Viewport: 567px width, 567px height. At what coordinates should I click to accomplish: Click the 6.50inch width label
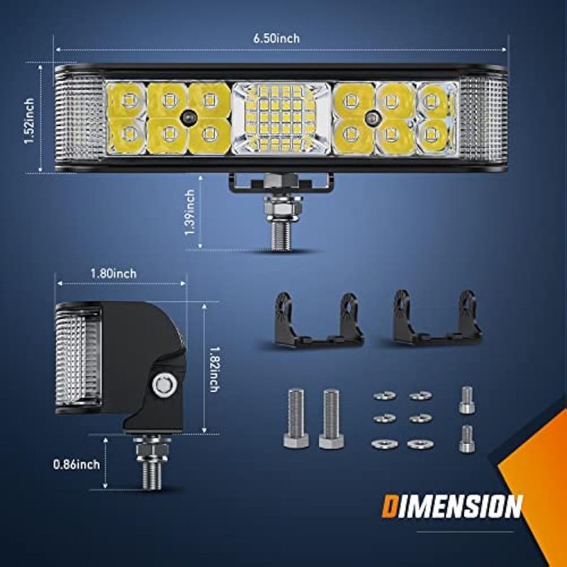pyautogui.click(x=276, y=38)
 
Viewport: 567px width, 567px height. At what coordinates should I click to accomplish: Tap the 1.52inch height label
pyautogui.click(x=29, y=120)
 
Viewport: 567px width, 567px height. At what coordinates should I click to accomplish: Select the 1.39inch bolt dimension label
pyautogui.click(x=189, y=212)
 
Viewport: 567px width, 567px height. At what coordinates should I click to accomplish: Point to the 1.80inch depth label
pyautogui.click(x=113, y=274)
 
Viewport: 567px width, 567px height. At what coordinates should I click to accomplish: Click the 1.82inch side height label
pyautogui.click(x=214, y=369)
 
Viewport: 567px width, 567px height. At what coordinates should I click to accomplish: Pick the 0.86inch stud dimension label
pyautogui.click(x=77, y=464)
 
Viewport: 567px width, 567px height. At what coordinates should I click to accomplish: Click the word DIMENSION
pyautogui.click(x=452, y=507)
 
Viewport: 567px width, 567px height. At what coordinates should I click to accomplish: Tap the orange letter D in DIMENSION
pyautogui.click(x=391, y=507)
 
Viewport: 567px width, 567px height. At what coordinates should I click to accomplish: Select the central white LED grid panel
pyautogui.click(x=281, y=118)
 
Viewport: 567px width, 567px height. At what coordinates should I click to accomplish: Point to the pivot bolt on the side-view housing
pyautogui.click(x=164, y=384)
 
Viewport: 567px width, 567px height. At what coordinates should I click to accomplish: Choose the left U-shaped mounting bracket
pyautogui.click(x=319, y=320)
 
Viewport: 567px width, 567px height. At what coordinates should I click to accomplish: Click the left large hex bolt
pyautogui.click(x=296, y=418)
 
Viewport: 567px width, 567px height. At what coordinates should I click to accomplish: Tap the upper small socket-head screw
pyautogui.click(x=466, y=400)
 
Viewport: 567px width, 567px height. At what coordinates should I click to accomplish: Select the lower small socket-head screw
pyautogui.click(x=466, y=439)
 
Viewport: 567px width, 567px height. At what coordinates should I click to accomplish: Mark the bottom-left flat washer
pyautogui.click(x=384, y=444)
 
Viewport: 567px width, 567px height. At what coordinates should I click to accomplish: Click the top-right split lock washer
pyautogui.click(x=420, y=395)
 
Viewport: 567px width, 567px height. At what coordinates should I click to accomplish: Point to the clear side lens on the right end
pyautogui.click(x=482, y=118)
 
